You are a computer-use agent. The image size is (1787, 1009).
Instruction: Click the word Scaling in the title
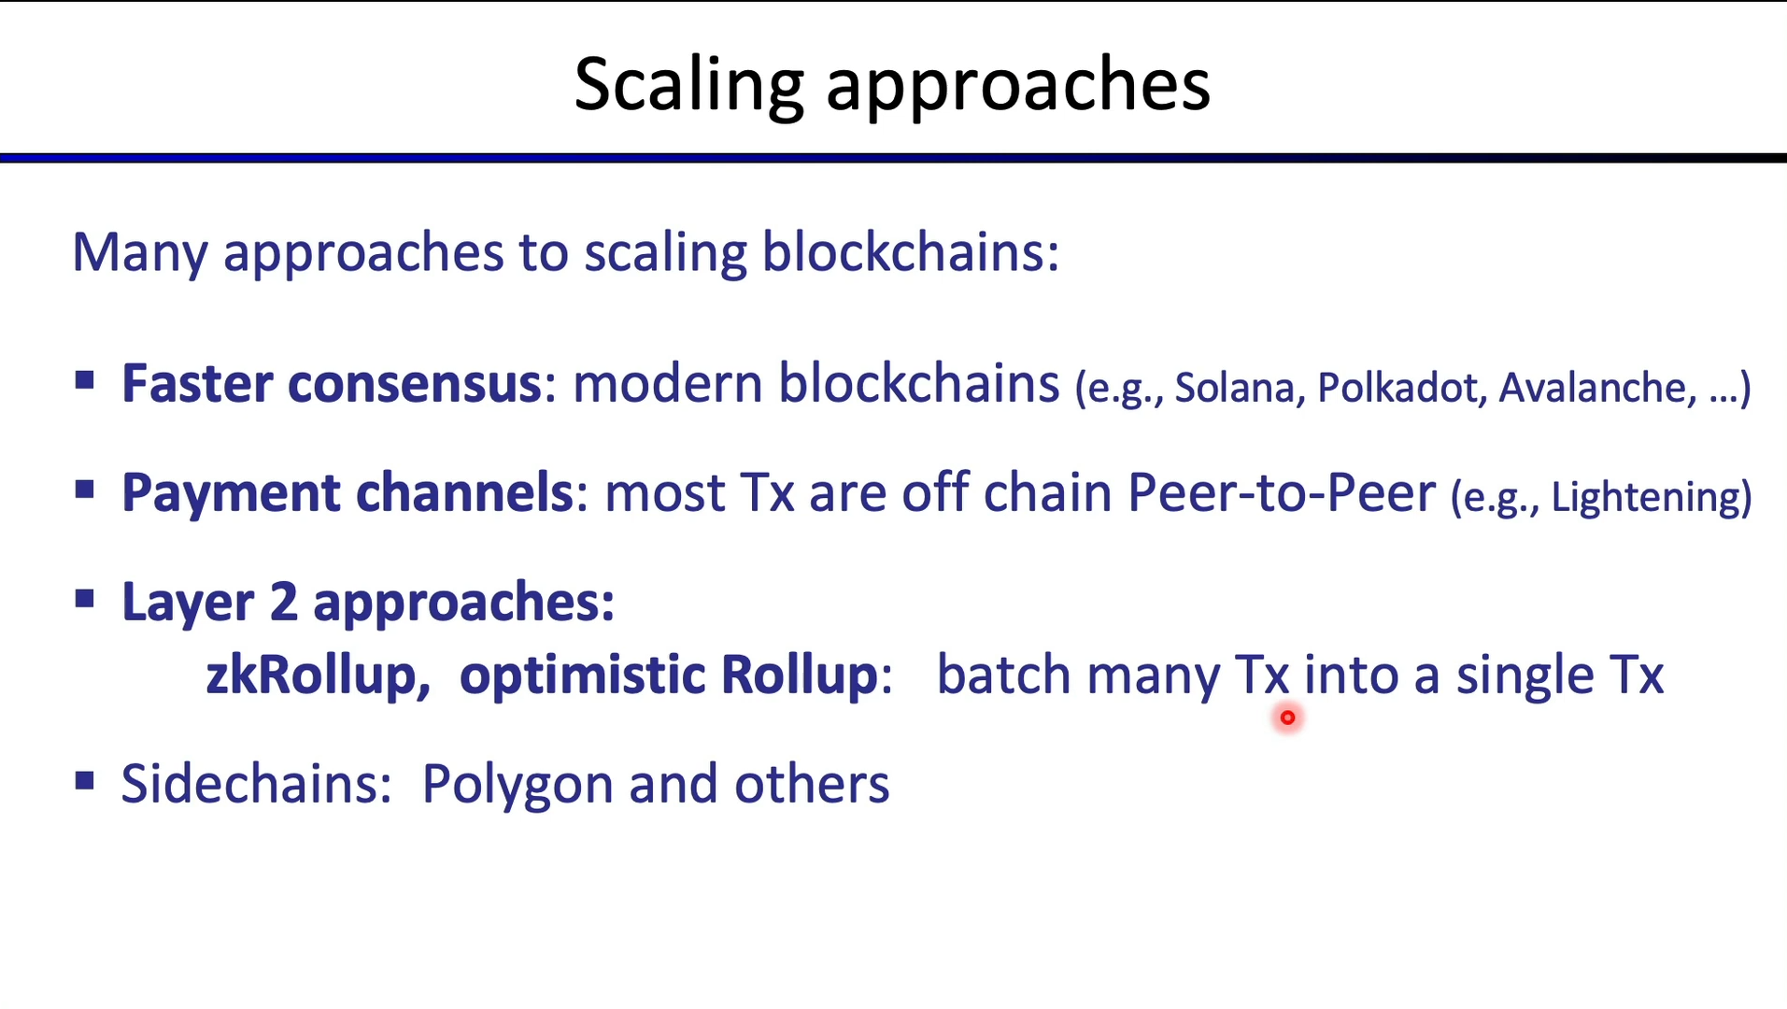[688, 86]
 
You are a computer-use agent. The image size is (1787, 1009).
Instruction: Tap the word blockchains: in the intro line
[911, 252]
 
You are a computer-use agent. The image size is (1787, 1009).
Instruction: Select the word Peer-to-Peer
[1281, 492]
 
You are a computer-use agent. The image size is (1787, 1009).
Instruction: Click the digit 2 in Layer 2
[283, 602]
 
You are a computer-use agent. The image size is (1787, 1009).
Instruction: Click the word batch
[1003, 674]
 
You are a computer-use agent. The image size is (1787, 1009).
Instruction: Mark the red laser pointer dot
[1287, 718]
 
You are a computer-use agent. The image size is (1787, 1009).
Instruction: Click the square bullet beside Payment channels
[85, 490]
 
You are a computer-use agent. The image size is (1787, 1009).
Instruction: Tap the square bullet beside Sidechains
[85, 780]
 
